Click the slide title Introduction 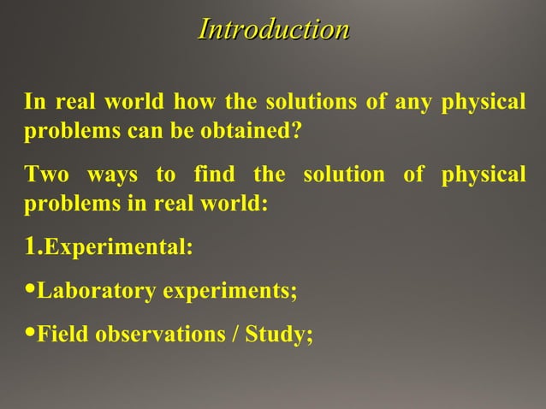(x=273, y=30)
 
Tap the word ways (x=113, y=175)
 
